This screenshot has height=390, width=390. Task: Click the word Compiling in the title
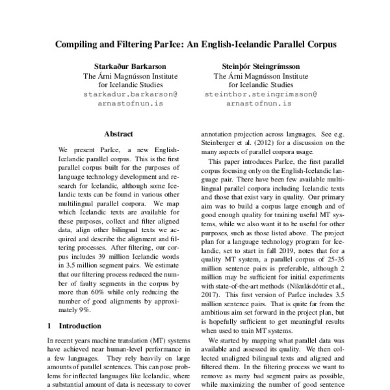pos(76,47)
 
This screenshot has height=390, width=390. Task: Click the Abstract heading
pos(118,134)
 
